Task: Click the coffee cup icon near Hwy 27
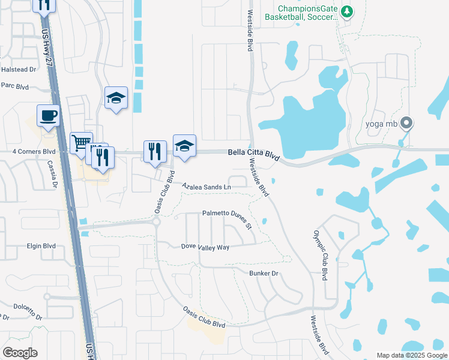click(x=48, y=115)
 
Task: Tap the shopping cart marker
click(x=81, y=143)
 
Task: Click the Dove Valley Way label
click(x=205, y=247)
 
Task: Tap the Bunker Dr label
click(x=264, y=273)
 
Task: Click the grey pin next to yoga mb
click(x=407, y=124)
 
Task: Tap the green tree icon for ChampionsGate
click(x=346, y=11)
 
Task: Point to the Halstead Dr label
click(x=19, y=70)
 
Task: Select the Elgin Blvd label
click(x=41, y=246)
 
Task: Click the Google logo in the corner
click(x=20, y=352)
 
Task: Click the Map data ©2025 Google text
click(x=412, y=355)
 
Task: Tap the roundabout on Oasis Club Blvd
click(x=157, y=221)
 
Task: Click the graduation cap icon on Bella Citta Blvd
click(x=184, y=145)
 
